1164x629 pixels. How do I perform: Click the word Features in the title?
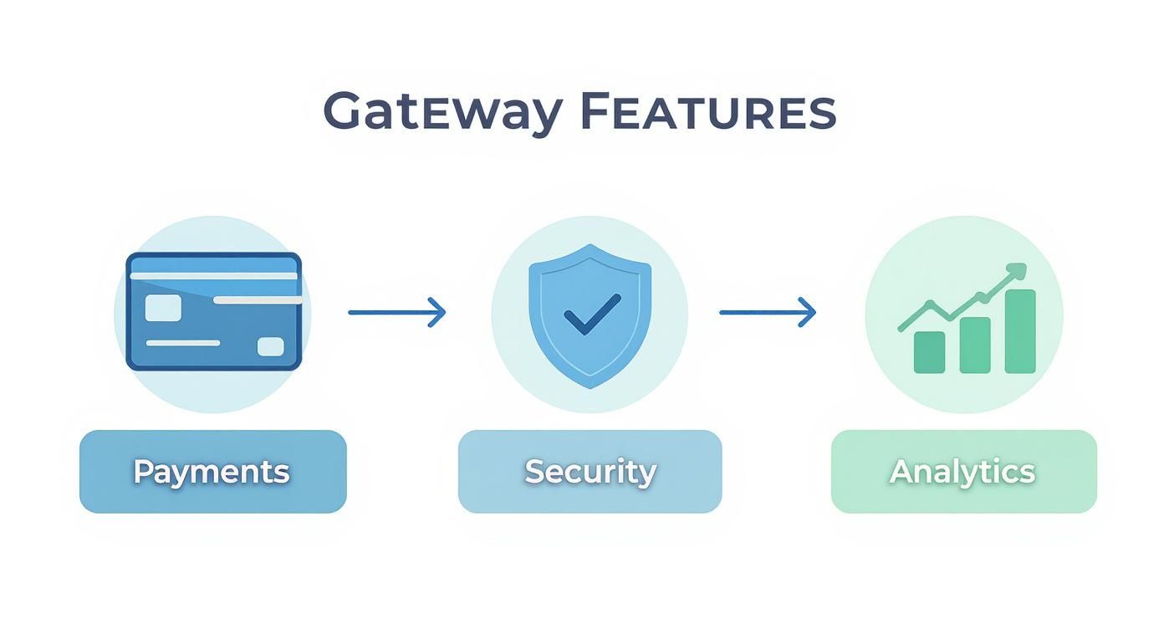[707, 112]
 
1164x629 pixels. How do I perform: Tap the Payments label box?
[212, 471]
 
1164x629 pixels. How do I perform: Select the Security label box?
[590, 471]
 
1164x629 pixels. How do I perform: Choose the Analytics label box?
[963, 471]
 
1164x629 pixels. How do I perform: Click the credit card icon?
[213, 311]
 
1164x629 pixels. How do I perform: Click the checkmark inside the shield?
[592, 314]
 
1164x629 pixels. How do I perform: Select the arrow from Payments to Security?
[396, 312]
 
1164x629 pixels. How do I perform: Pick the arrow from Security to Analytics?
[768, 312]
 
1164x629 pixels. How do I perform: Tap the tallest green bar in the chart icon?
[1020, 331]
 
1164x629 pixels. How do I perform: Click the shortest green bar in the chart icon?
[929, 351]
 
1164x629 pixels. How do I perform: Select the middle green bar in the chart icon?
[975, 345]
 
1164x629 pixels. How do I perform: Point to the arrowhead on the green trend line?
[1016, 271]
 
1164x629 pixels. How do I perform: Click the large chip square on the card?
[163, 308]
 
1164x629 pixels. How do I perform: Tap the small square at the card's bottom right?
[270, 346]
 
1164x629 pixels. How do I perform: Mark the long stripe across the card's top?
[213, 276]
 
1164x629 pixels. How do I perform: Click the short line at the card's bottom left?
[183, 343]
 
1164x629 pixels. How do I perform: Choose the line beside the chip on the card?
[258, 299]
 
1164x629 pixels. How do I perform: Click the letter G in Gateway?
[344, 112]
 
